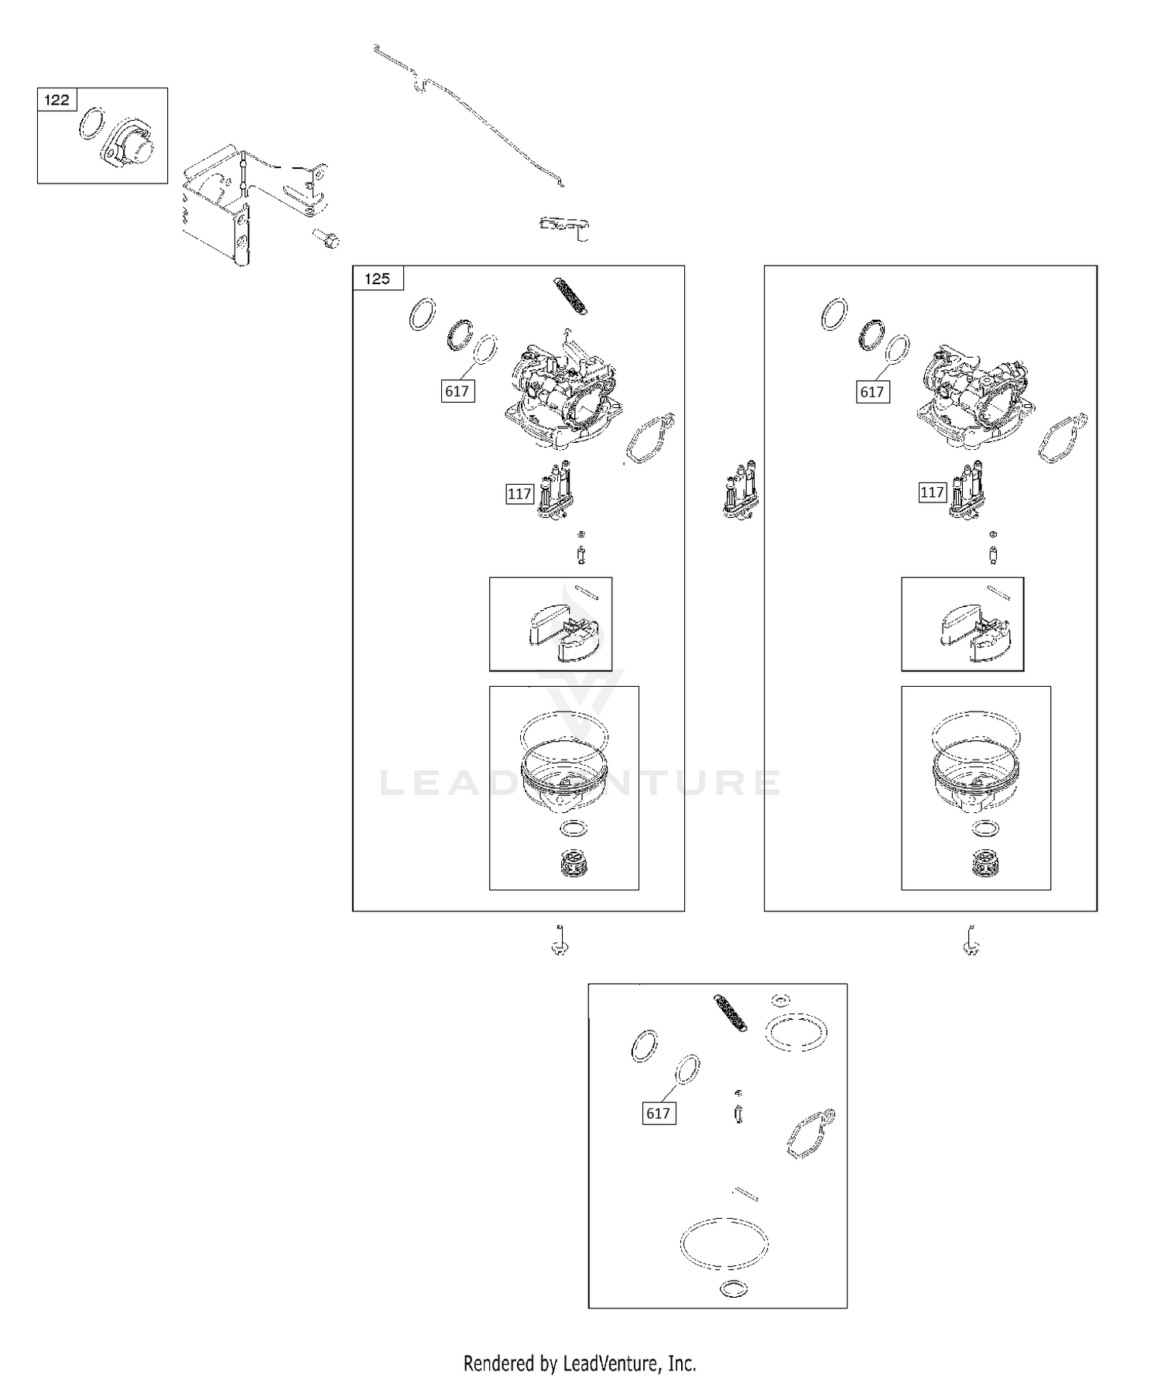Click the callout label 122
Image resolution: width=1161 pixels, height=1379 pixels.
[57, 100]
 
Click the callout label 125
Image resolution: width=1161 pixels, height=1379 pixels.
[378, 279]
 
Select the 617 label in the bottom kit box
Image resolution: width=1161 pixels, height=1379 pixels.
[658, 1113]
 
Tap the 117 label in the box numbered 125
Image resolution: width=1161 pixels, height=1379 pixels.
[519, 494]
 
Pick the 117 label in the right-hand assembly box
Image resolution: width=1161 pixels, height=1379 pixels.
[932, 492]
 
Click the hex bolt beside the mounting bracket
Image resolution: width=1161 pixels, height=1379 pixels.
[327, 238]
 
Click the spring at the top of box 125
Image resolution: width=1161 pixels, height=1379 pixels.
[570, 296]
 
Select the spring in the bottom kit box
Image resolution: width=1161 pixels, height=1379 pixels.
[731, 1013]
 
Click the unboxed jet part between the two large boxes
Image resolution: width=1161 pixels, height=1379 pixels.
[741, 491]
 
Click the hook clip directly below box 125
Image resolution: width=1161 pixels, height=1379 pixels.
[560, 940]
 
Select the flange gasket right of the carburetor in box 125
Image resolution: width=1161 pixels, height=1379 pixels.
[649, 438]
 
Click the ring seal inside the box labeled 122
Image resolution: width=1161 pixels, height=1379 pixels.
[91, 124]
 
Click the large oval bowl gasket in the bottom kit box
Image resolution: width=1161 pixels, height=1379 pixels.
[724, 1244]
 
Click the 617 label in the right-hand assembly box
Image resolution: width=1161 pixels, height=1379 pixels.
[872, 392]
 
